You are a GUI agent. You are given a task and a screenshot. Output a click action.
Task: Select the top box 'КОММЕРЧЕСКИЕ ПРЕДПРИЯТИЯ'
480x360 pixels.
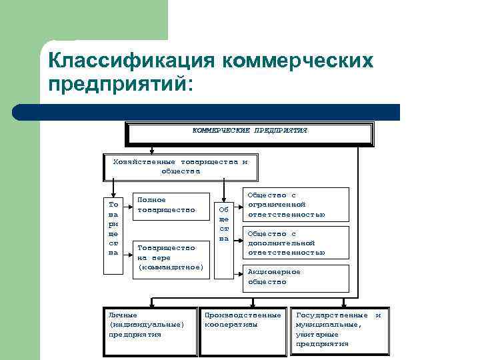pyautogui.click(x=249, y=132)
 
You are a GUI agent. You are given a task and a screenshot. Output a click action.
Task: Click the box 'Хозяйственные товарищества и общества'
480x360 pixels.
pyautogui.click(x=180, y=167)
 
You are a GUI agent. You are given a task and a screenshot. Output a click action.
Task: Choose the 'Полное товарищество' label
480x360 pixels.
pyautogui.click(x=166, y=205)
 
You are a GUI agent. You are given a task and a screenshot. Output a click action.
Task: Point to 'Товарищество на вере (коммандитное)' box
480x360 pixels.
pyautogui.click(x=170, y=257)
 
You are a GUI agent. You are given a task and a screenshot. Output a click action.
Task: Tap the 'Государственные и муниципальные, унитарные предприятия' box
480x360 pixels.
pyautogui.click(x=340, y=330)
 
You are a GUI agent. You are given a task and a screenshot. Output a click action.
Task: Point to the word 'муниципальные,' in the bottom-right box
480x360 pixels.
pyautogui.click(x=329, y=325)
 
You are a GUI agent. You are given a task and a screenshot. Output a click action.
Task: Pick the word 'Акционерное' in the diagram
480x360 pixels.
pyautogui.click(x=274, y=272)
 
